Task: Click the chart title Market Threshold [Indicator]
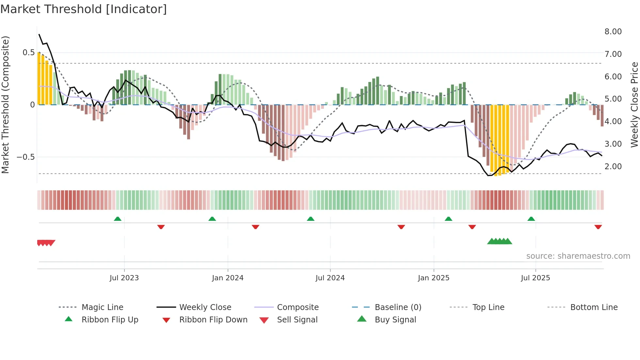click(84, 9)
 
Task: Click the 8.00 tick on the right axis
click(613, 32)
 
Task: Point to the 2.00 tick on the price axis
click(613, 167)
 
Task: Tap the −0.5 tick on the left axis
click(25, 157)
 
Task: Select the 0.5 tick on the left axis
click(28, 53)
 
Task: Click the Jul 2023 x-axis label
click(124, 278)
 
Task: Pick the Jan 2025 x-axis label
click(434, 278)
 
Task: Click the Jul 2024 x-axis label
click(330, 278)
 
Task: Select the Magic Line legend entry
click(102, 307)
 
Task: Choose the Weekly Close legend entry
click(205, 307)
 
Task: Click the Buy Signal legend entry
click(395, 320)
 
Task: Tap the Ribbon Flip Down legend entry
click(213, 320)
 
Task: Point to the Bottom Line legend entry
click(594, 307)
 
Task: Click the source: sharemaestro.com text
click(578, 256)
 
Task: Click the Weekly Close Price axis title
click(634, 105)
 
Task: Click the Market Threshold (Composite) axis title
click(5, 105)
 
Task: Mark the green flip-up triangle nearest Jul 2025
click(531, 219)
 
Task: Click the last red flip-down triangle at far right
click(598, 227)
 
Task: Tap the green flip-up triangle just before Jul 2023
click(118, 219)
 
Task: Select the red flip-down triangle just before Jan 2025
click(401, 227)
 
